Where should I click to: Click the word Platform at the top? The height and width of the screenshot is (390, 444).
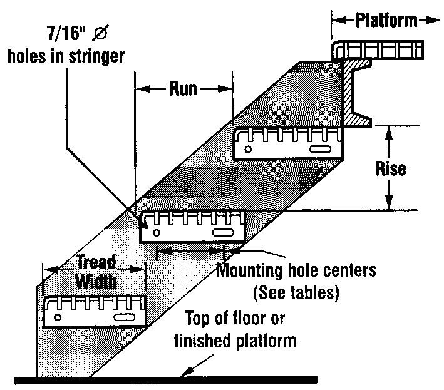click(x=386, y=20)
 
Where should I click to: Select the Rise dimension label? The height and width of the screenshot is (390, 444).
click(x=390, y=168)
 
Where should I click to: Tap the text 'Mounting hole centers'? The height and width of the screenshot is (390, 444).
click(x=296, y=271)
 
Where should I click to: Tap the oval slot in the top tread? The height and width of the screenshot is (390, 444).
click(x=319, y=150)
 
